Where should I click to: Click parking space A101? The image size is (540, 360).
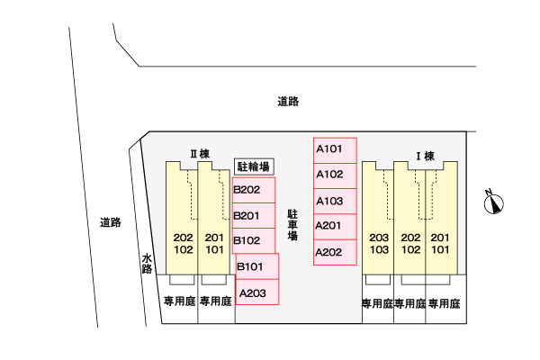coord(335,149)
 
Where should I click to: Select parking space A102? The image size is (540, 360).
coord(335,175)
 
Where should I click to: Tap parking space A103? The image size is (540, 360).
coord(335,201)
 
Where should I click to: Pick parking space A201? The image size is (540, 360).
coord(335,226)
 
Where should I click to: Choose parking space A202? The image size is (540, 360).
coord(335,252)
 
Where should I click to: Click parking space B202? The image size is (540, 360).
coord(253,190)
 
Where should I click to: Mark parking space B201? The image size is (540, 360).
coord(253,216)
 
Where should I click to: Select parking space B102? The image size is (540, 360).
coord(253,241)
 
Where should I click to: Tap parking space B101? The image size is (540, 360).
coord(256,266)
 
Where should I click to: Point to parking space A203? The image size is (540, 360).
coord(256,292)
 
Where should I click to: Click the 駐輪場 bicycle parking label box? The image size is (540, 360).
coord(253,166)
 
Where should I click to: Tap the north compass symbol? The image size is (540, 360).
coord(493,204)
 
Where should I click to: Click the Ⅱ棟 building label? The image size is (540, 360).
coord(199,154)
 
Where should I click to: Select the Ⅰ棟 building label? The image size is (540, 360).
coord(424,156)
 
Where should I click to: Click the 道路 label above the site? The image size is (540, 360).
coord(288,103)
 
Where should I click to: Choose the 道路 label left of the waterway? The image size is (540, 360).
coord(110,222)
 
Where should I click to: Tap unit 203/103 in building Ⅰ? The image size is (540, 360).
coord(378,243)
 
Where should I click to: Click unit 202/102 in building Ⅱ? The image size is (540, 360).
coord(183,243)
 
